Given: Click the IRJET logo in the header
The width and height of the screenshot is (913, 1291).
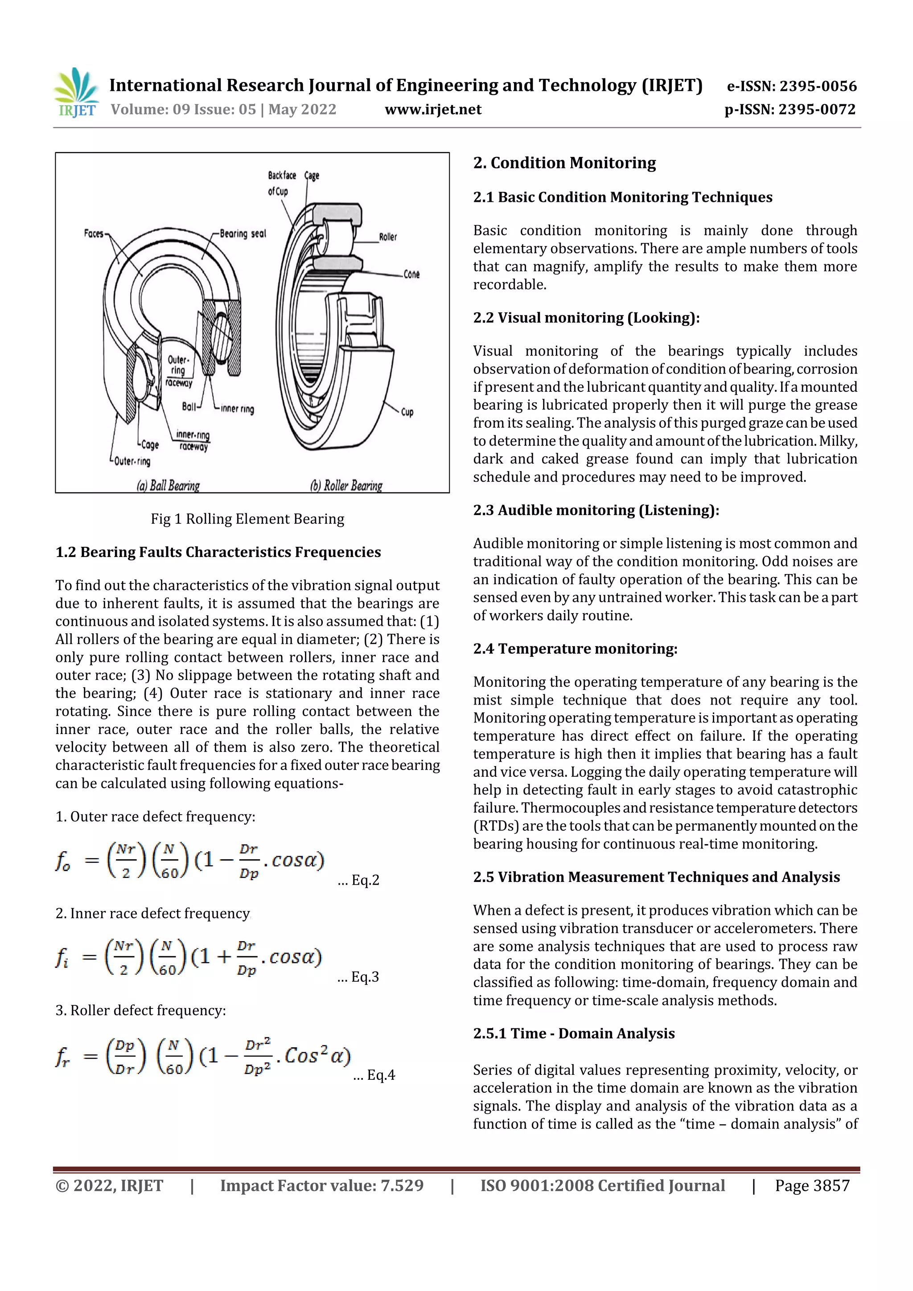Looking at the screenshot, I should click(76, 93).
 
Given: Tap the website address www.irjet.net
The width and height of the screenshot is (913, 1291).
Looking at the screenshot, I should click(432, 109).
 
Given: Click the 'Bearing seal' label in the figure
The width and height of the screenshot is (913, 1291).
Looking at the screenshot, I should click(243, 234).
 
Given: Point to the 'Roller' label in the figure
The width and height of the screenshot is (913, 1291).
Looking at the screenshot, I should click(387, 237).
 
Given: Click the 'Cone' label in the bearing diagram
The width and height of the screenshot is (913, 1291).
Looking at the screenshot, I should click(411, 275).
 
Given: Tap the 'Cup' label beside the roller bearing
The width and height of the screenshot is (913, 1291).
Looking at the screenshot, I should click(407, 412).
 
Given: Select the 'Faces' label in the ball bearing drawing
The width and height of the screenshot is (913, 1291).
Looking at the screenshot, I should click(94, 234).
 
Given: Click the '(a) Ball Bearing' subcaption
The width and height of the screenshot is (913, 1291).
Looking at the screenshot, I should click(168, 485).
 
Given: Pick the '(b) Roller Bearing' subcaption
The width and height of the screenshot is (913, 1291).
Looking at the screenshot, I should click(346, 485).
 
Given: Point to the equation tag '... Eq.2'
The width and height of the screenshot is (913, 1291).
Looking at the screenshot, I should click(358, 880).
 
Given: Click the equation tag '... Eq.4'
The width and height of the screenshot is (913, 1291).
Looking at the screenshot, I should click(374, 1075).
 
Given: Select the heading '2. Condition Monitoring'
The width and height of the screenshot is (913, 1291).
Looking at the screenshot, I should click(564, 163).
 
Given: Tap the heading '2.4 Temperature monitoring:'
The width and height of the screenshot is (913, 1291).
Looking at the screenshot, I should click(575, 649).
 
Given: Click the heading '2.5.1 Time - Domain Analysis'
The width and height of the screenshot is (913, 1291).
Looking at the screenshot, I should click(573, 1033).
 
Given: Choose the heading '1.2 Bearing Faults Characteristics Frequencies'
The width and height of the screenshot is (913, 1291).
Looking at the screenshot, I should click(218, 552).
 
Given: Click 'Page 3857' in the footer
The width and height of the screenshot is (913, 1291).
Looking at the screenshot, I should click(812, 1185).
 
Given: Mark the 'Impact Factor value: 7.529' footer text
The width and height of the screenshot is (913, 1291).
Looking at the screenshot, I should click(321, 1185).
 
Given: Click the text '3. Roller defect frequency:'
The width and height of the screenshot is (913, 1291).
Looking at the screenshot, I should click(140, 1010).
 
